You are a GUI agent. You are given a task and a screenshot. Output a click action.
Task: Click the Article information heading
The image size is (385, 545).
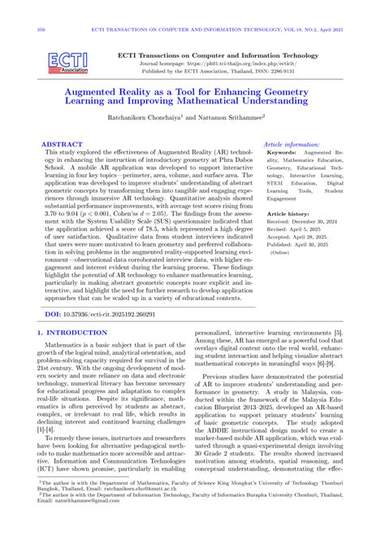coord(292,144)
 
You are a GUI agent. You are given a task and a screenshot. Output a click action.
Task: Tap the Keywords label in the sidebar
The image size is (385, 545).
coord(282,152)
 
